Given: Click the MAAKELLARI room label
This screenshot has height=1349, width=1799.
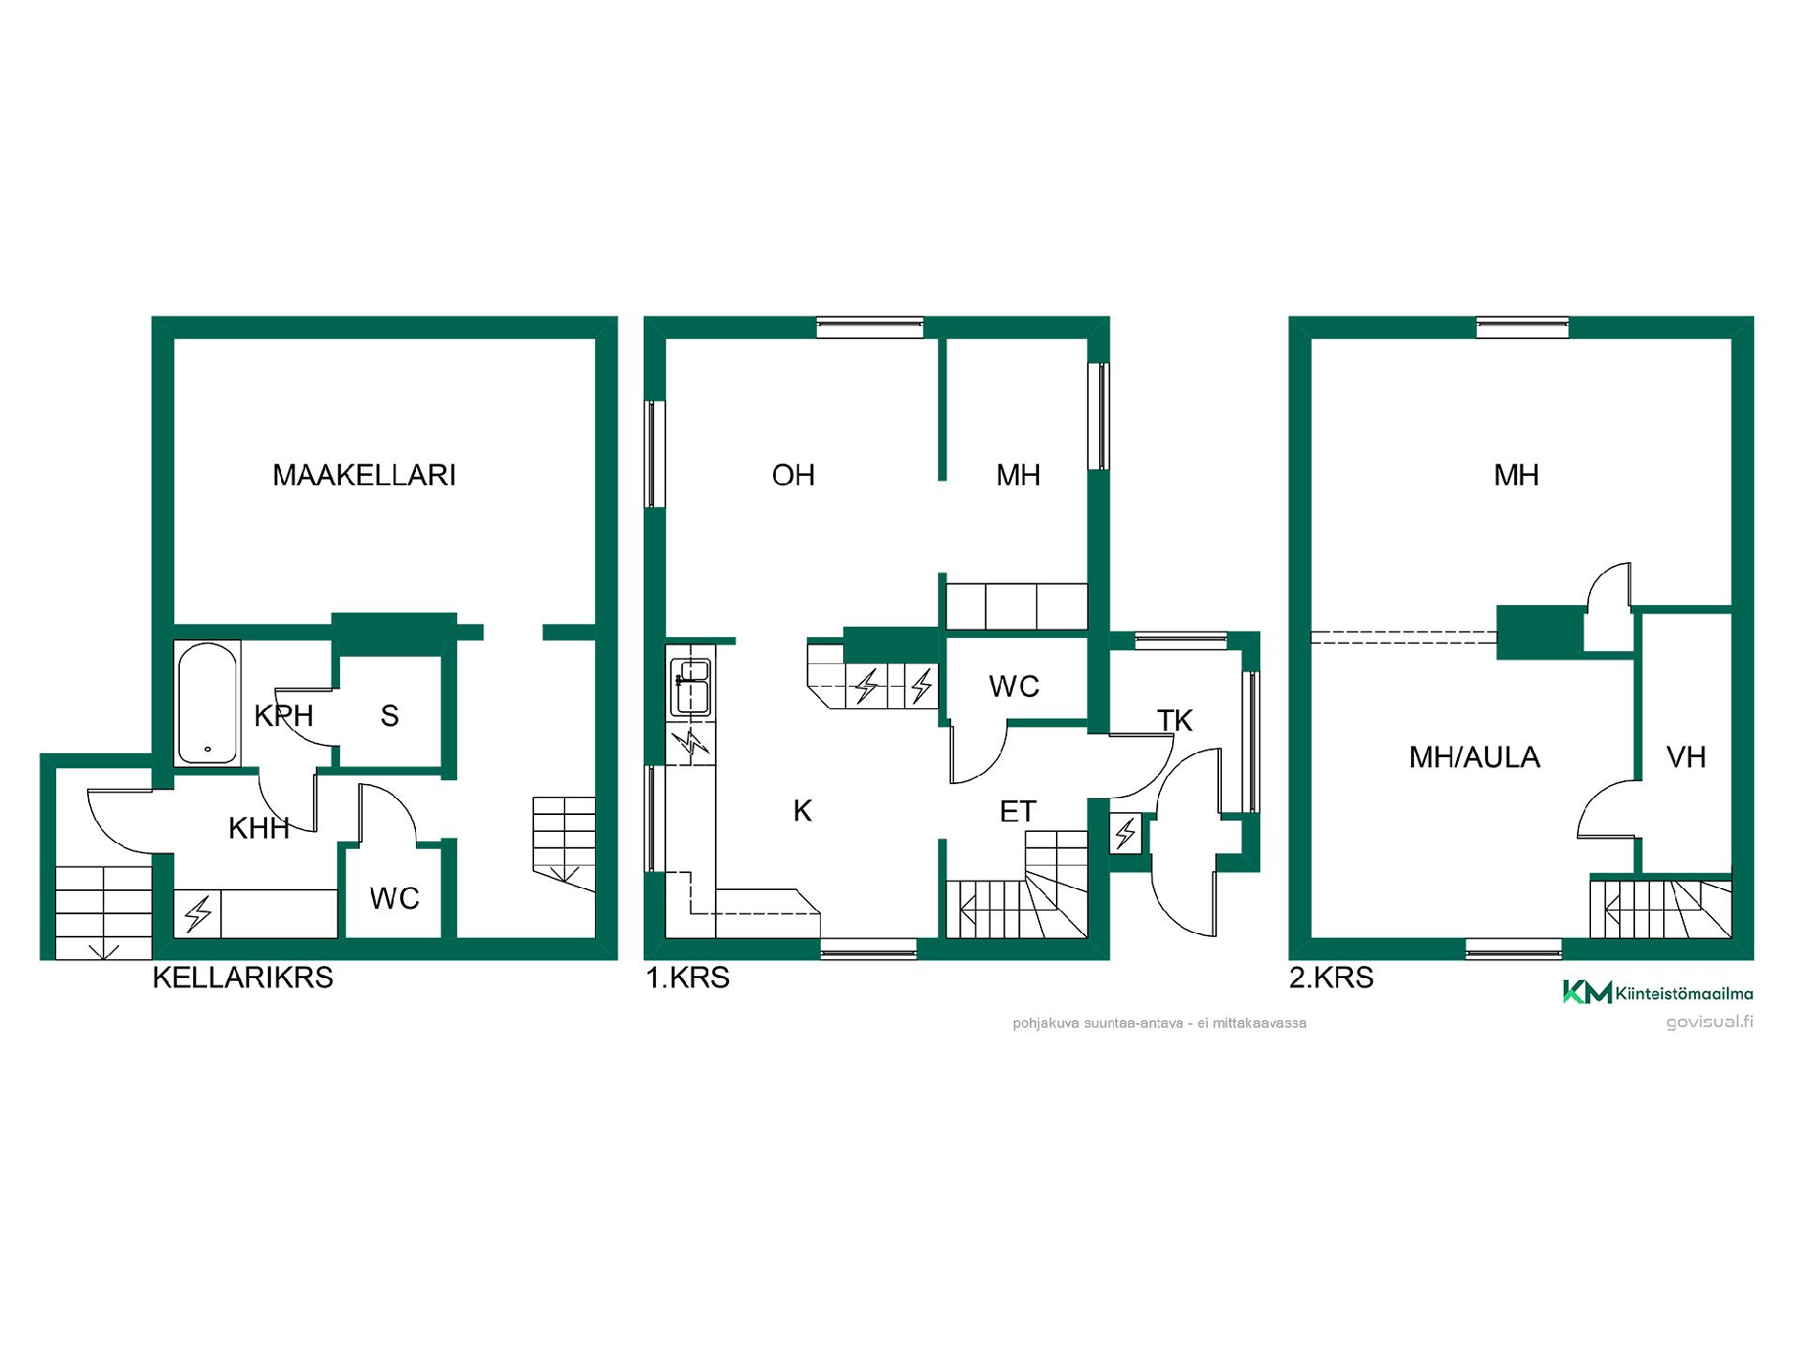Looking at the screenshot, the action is coord(364,475).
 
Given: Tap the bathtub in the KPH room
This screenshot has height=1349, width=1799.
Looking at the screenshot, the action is coord(207,703).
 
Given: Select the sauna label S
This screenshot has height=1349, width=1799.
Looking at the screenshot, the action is coord(390,716).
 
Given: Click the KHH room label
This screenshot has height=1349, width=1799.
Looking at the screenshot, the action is coord(259,828).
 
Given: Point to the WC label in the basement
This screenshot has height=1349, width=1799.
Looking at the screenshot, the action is coord(394,898).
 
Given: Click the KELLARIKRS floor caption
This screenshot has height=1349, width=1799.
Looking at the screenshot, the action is coord(243,978).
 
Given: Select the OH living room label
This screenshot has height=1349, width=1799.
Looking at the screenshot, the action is coord(793,475).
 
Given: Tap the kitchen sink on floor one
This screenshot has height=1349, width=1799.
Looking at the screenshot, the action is coord(691,688).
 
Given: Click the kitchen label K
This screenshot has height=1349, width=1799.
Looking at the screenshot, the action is coord(802,811).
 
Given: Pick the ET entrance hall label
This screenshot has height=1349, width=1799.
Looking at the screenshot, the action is coord(1018,811).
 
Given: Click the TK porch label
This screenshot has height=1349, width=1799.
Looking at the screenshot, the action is coord(1175,720).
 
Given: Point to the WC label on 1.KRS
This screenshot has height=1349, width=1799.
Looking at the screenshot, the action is coord(1014,687).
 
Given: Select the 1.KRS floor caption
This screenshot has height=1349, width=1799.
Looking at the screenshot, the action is coord(688,978).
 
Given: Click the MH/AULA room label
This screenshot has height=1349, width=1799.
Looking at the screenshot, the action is coord(1475,757).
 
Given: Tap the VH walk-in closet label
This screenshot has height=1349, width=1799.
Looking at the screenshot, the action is coord(1687,757).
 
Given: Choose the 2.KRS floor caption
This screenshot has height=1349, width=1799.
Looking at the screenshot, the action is coord(1331,978).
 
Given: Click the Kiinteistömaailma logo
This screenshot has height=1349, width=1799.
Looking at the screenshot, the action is coord(1658,992).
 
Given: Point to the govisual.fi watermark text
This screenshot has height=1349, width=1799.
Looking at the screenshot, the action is coord(1709,1022).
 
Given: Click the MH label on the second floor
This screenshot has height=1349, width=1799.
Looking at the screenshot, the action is coord(1516,475).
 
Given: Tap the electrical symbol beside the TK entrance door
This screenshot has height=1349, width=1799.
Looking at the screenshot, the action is coord(1125,833).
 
